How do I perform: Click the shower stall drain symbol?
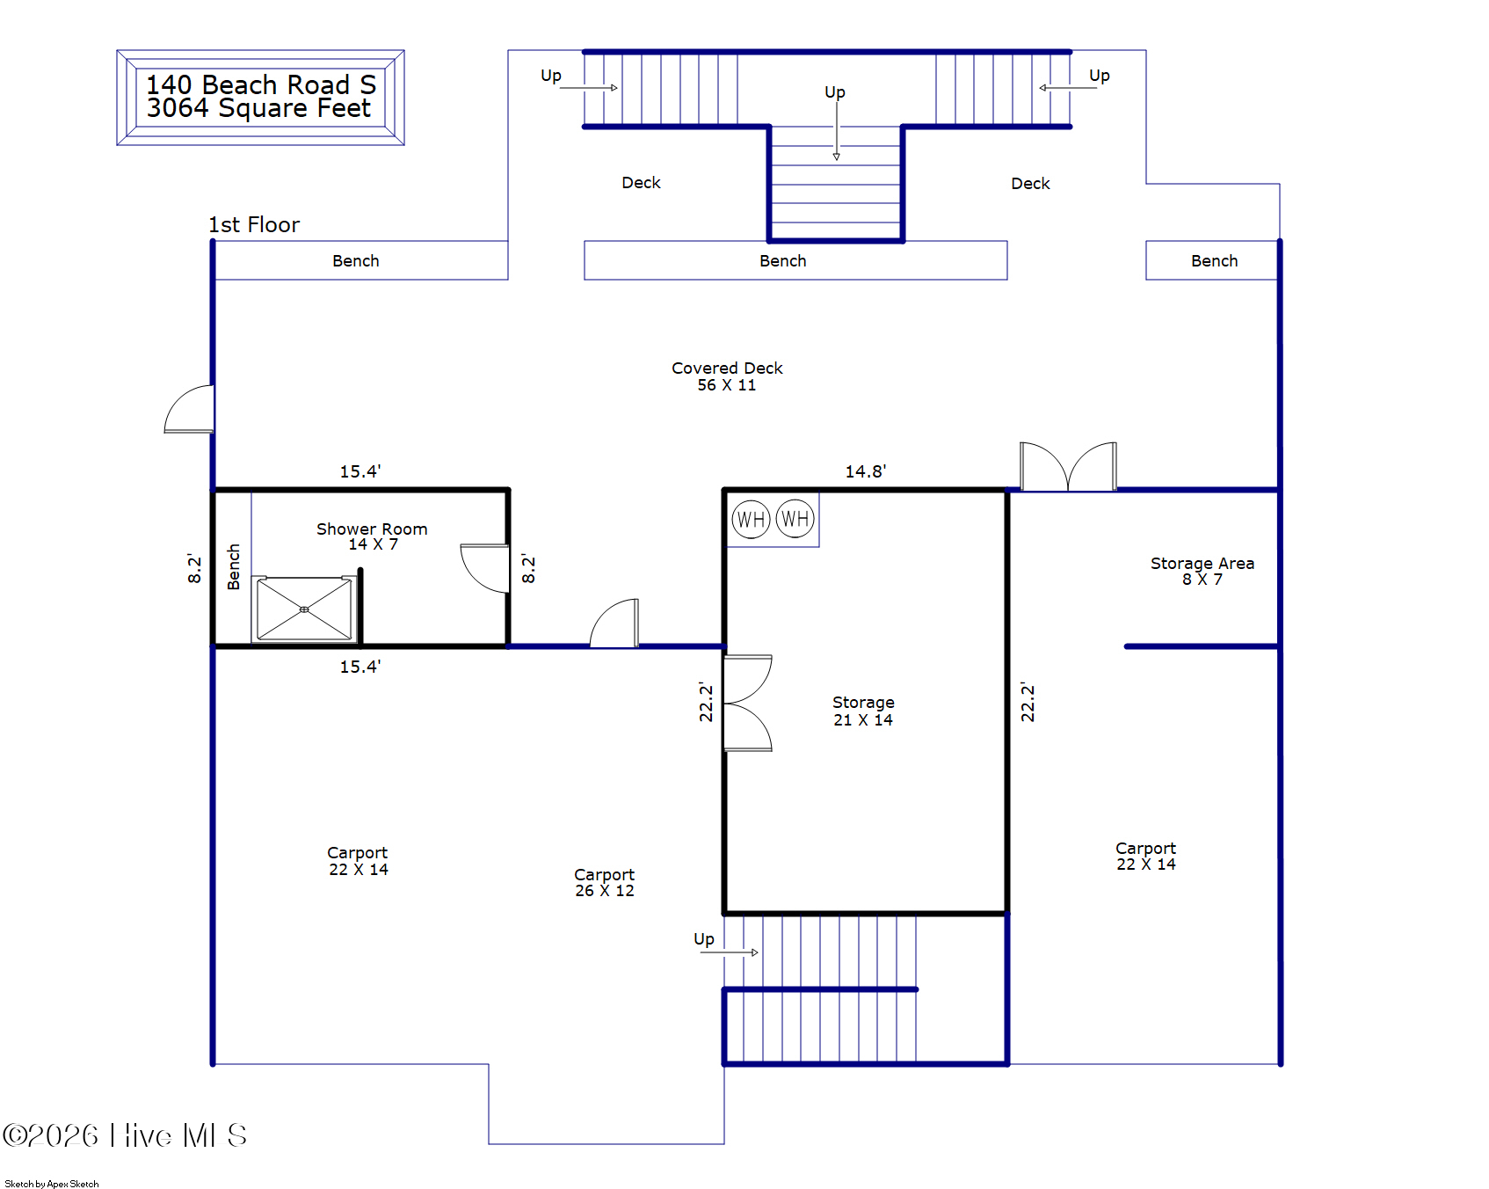(304, 609)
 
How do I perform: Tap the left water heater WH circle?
(751, 520)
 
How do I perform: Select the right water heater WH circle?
(795, 519)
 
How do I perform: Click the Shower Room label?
(372, 529)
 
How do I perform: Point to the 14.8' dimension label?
(866, 471)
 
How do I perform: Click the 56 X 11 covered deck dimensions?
(727, 385)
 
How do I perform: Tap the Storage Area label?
(1202, 563)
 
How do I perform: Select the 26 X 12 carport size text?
(605, 891)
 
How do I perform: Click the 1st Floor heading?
(254, 225)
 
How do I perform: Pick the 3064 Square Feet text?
(259, 108)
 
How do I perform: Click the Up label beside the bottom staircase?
(704, 939)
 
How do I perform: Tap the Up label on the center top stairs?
(835, 92)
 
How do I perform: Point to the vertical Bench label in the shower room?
(234, 567)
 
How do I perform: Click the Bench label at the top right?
(1215, 261)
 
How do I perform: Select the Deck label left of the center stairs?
(642, 183)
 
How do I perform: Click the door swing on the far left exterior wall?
(189, 409)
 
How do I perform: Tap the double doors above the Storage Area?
(1068, 466)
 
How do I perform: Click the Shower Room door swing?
(485, 568)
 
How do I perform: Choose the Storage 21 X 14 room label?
(863, 711)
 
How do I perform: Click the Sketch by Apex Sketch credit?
(52, 1184)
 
